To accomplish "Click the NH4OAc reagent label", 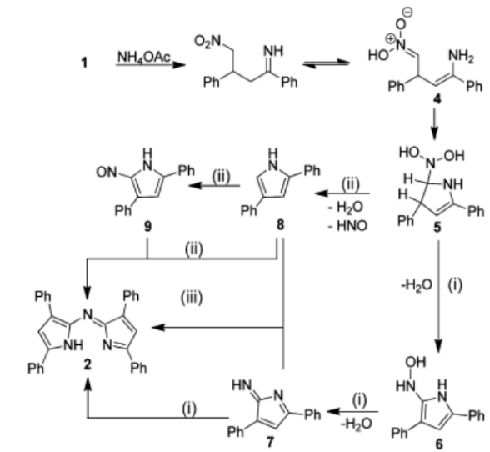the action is click(x=144, y=58).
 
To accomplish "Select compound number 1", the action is click(x=84, y=63).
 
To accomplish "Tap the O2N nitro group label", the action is click(x=207, y=42).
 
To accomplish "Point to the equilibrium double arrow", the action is click(x=326, y=64).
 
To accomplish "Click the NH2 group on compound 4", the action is click(x=462, y=57).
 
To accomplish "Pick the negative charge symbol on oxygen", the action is click(x=408, y=13).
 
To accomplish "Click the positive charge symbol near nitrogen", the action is click(x=391, y=38).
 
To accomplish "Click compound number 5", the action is click(x=437, y=228).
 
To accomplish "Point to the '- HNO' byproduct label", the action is click(x=347, y=225).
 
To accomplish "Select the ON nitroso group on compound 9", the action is click(x=107, y=172).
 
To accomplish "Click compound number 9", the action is click(x=147, y=227).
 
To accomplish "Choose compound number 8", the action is click(x=280, y=224).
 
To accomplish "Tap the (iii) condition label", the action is click(x=192, y=297).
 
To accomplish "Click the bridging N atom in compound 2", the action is click(x=87, y=314).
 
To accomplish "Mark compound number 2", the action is click(x=87, y=364).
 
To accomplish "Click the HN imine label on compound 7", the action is click(x=242, y=386).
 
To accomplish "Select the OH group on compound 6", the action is click(x=416, y=362).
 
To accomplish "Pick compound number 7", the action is click(x=270, y=442).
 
